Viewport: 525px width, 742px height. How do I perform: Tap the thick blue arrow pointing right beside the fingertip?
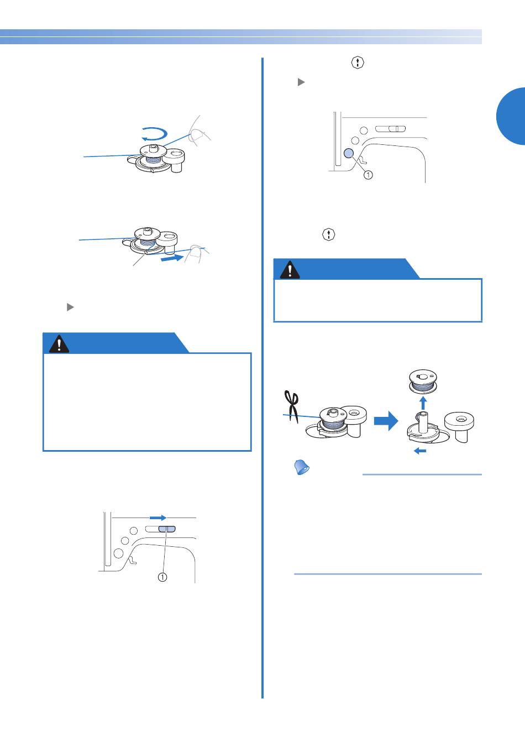[172, 258]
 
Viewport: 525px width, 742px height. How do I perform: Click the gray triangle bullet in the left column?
[70, 307]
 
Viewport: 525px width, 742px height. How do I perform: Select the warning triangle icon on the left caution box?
[59, 344]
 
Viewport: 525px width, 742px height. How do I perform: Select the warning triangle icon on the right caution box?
[290, 270]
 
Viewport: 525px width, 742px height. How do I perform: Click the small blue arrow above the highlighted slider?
[158, 518]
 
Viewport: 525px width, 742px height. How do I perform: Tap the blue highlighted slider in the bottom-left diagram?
[167, 529]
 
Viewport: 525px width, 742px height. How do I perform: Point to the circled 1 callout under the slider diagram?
[162, 577]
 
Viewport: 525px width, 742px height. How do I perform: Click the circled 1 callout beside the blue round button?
[368, 174]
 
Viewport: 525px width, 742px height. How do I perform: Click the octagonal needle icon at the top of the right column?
[358, 62]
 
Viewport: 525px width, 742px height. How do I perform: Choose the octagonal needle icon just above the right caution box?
[328, 234]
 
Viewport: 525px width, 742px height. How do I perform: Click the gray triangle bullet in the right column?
[301, 82]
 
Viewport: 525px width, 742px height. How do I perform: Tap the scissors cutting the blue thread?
[292, 406]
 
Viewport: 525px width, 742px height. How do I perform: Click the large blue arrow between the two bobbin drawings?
[386, 421]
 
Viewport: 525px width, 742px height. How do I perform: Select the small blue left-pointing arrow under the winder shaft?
[420, 451]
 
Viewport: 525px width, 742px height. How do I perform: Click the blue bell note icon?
[302, 467]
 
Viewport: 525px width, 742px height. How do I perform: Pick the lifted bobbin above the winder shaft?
[423, 382]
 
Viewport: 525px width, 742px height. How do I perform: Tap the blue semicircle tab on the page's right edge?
[511, 116]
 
